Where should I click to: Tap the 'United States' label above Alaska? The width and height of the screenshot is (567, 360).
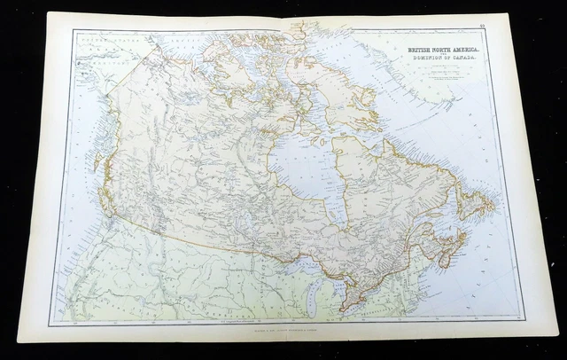pyautogui.click(x=102, y=41)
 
